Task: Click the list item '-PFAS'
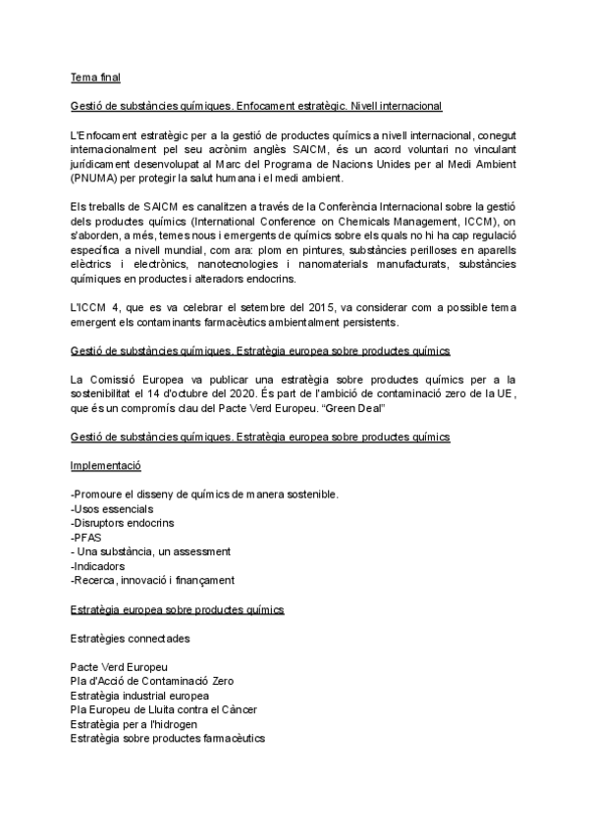[x=87, y=538]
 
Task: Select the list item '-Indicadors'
[x=100, y=566]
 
